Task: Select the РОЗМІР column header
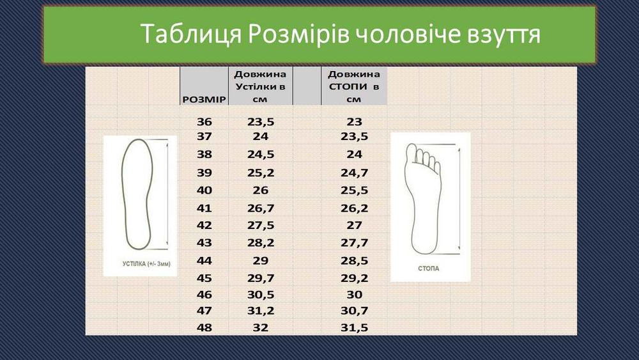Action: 204,100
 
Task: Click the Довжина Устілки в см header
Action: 260,85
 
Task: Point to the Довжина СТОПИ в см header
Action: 354,85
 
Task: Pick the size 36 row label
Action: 204,121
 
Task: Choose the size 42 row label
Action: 204,225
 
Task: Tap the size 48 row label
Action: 204,327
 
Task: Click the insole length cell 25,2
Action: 260,173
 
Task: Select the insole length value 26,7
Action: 260,208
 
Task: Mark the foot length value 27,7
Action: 354,243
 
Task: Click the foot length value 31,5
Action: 354,327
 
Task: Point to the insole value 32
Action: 260,327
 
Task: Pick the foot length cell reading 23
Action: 354,121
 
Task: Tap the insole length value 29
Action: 260,261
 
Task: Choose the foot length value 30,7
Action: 354,310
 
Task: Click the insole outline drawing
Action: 138,192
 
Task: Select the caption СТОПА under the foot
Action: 429,269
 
